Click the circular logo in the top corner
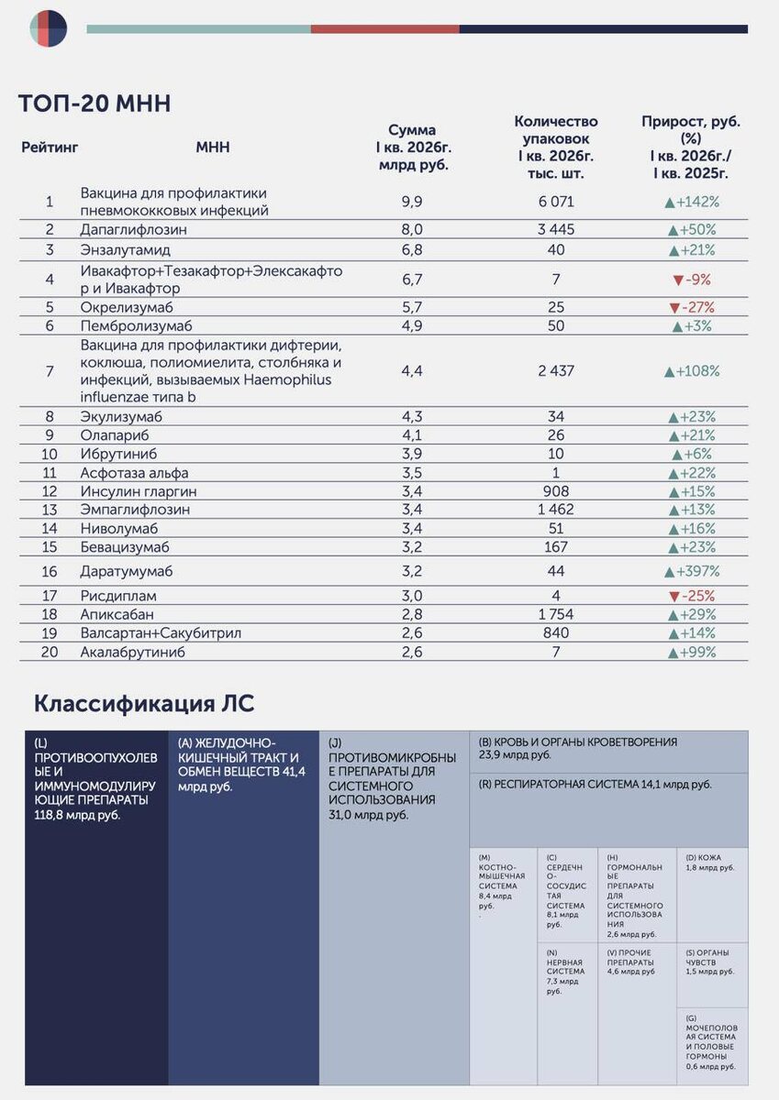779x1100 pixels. pyautogui.click(x=48, y=29)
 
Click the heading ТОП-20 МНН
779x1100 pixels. pyautogui.click(x=95, y=104)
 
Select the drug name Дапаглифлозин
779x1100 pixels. pyautogui.click(x=134, y=229)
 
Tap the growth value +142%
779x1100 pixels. pyautogui.click(x=692, y=202)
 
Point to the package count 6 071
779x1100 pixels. pyautogui.click(x=556, y=202)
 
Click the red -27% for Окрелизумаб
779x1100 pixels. pyautogui.click(x=692, y=307)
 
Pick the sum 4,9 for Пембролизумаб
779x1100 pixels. pyautogui.click(x=412, y=326)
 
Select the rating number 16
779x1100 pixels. pyautogui.click(x=50, y=572)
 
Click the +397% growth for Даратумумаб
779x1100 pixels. pyautogui.click(x=692, y=572)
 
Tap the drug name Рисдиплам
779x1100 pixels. pyautogui.click(x=118, y=596)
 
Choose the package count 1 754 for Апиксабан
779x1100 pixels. pyautogui.click(x=556, y=614)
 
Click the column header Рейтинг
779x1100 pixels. pyautogui.click(x=50, y=148)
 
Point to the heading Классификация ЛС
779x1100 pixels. pyautogui.click(x=144, y=704)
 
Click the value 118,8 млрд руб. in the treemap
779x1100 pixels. pyautogui.click(x=77, y=815)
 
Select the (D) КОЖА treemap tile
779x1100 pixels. pyautogui.click(x=712, y=895)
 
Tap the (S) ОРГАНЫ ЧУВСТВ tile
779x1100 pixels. pyautogui.click(x=712, y=974)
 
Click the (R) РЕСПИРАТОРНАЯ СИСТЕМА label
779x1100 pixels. pyautogui.click(x=595, y=785)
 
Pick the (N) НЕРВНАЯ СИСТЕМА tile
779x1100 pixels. pyautogui.click(x=567, y=1013)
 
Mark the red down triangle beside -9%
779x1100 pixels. pyautogui.click(x=678, y=280)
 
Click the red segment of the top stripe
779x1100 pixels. pyautogui.click(x=385, y=29)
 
